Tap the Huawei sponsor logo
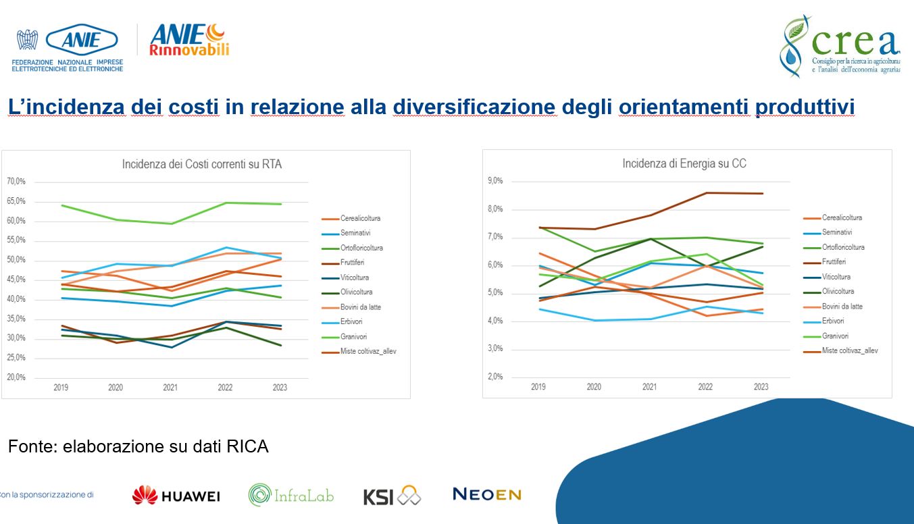click(176, 495)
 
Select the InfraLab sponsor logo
click(291, 495)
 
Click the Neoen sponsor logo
click(486, 494)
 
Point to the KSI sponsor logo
click(392, 496)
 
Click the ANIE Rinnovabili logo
click(189, 41)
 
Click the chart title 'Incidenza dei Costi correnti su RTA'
click(201, 163)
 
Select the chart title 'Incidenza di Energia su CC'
click(684, 163)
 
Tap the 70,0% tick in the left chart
click(16, 182)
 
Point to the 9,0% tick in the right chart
click(494, 181)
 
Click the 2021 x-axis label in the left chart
click(170, 388)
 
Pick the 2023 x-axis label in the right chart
click(760, 387)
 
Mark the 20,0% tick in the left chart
click(16, 377)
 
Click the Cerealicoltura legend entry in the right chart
click(842, 217)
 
